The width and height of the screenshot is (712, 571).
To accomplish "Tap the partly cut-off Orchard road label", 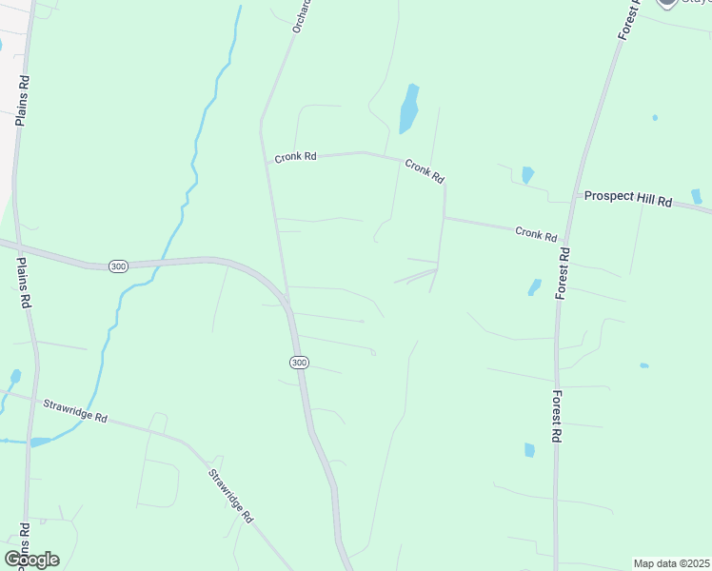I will tap(302, 18).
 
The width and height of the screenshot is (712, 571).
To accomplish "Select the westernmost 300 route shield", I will tap(117, 266).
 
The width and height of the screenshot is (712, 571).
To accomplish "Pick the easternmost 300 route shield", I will tap(299, 363).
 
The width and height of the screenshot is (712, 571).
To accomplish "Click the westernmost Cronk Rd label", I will tap(295, 157).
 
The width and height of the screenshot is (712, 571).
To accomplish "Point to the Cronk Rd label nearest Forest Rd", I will tap(536, 233).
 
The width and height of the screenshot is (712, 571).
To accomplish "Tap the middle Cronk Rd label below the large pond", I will tap(425, 171).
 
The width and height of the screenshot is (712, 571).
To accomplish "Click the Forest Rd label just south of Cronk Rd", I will tap(564, 273).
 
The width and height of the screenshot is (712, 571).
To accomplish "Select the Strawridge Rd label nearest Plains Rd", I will tap(74, 411).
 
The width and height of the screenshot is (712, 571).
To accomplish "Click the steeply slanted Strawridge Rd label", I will tap(231, 496).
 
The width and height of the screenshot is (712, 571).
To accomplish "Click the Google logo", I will tap(31, 560).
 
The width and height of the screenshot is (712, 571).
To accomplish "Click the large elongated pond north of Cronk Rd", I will tap(408, 108).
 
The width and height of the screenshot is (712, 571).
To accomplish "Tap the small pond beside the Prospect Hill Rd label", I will tap(697, 196).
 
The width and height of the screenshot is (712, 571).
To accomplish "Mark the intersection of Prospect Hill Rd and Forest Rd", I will tap(574, 197).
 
